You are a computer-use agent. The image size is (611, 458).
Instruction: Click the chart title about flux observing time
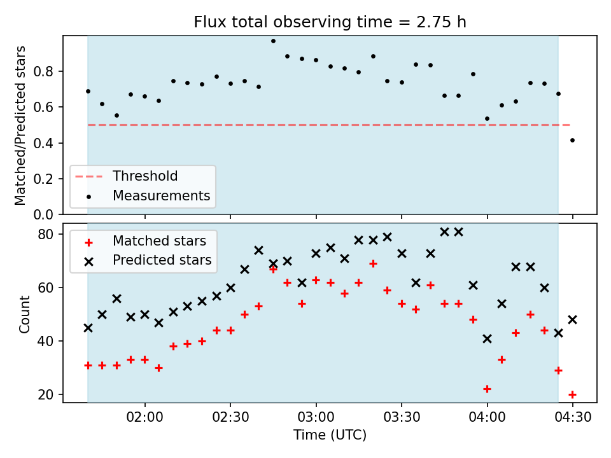pos(330,22)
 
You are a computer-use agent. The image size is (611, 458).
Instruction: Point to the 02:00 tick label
pos(145,417)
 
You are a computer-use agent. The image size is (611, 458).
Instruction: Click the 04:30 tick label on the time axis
pos(572,417)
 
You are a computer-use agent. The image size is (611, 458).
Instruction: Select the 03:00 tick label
pos(316,417)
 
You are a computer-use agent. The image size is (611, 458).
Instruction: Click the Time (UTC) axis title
pos(330,434)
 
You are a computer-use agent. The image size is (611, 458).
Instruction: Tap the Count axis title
pos(25,314)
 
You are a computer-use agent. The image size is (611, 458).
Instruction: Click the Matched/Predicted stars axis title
pos(20,125)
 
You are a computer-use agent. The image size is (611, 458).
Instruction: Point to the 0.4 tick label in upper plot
pos(43,143)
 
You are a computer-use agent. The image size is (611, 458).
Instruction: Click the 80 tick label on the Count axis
pos(46,234)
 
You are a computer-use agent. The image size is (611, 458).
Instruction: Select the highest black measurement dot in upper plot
pos(273,41)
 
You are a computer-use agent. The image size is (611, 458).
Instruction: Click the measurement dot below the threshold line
pos(572,140)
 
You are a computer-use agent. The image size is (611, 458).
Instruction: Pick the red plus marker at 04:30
pos(572,394)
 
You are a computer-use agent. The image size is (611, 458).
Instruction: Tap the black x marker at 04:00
pos(487,339)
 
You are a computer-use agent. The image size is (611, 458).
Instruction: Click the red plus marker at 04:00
pos(487,389)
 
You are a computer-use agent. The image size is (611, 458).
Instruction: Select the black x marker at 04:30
pos(572,320)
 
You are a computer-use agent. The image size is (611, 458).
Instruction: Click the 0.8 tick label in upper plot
pos(43,71)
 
